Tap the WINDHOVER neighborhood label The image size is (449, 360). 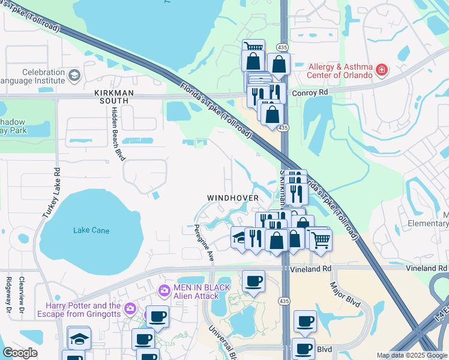click(233, 197)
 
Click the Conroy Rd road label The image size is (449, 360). click(311, 92)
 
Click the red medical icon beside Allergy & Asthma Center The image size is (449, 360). click(381, 71)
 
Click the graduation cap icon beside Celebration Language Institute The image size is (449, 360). click(74, 76)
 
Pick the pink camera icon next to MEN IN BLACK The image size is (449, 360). click(163, 291)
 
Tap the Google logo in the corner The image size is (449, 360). click(20, 353)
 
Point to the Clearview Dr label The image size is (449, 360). click(22, 291)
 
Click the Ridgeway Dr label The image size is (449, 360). click(8, 294)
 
